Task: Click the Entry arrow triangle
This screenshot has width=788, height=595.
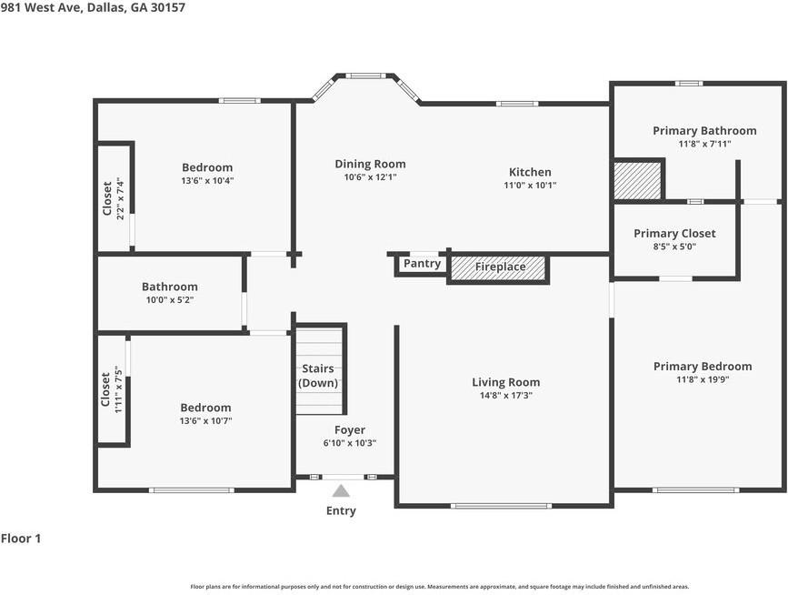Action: [341, 491]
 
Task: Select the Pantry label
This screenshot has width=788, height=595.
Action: [422, 264]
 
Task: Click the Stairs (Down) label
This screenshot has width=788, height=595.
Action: [318, 376]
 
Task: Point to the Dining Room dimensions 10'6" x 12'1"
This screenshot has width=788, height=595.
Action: [370, 177]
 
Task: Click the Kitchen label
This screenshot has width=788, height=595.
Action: [530, 172]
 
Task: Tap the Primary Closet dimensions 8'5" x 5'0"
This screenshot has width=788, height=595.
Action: [674, 247]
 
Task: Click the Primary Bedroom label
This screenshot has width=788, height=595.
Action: [703, 367]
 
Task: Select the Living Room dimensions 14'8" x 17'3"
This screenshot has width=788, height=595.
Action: [505, 396]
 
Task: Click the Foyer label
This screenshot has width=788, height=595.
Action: [350, 430]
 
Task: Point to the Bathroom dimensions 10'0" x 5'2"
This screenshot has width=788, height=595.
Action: [169, 299]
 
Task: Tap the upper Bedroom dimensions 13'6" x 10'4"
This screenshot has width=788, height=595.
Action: [207, 180]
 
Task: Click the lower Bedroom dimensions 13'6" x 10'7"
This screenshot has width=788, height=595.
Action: [205, 420]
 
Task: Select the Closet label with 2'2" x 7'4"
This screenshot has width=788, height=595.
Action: [107, 198]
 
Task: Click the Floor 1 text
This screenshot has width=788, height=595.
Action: [21, 539]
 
